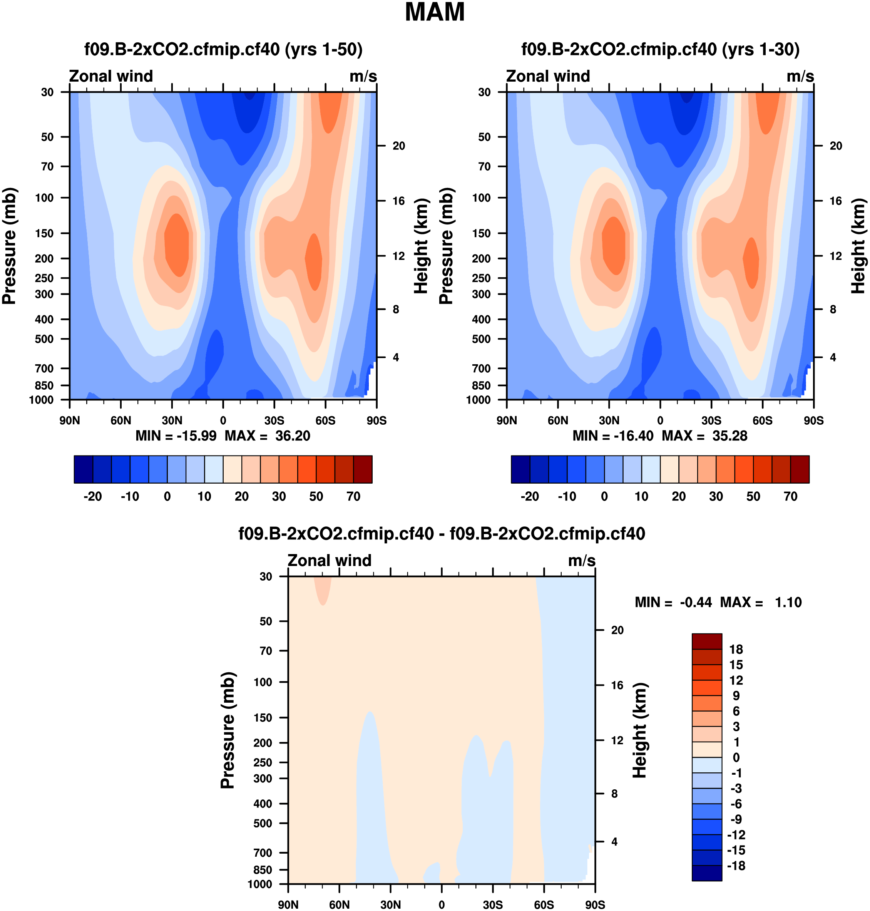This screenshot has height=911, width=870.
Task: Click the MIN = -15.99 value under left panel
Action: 176,436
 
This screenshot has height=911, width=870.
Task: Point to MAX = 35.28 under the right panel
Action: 704,436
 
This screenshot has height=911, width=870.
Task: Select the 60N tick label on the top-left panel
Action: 120,421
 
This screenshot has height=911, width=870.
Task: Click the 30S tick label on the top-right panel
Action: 711,421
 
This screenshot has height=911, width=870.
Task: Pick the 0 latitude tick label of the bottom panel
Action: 442,905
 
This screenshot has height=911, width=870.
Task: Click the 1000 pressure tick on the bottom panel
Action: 260,884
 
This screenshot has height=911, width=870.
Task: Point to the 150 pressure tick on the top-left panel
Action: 45,233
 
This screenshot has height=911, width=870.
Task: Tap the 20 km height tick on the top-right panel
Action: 836,146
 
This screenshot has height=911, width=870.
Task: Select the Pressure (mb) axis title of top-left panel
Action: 9,246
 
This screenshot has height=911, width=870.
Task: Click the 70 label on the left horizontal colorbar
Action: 353,497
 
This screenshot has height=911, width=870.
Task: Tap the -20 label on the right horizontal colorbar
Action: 530,497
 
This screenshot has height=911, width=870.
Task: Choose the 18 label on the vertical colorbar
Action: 736,650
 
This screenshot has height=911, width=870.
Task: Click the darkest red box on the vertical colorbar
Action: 707,641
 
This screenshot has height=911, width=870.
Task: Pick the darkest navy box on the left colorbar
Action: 84,469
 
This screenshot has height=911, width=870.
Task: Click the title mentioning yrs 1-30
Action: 660,49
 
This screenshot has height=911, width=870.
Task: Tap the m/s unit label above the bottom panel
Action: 582,561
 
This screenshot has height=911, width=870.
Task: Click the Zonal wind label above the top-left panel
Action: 111,76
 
